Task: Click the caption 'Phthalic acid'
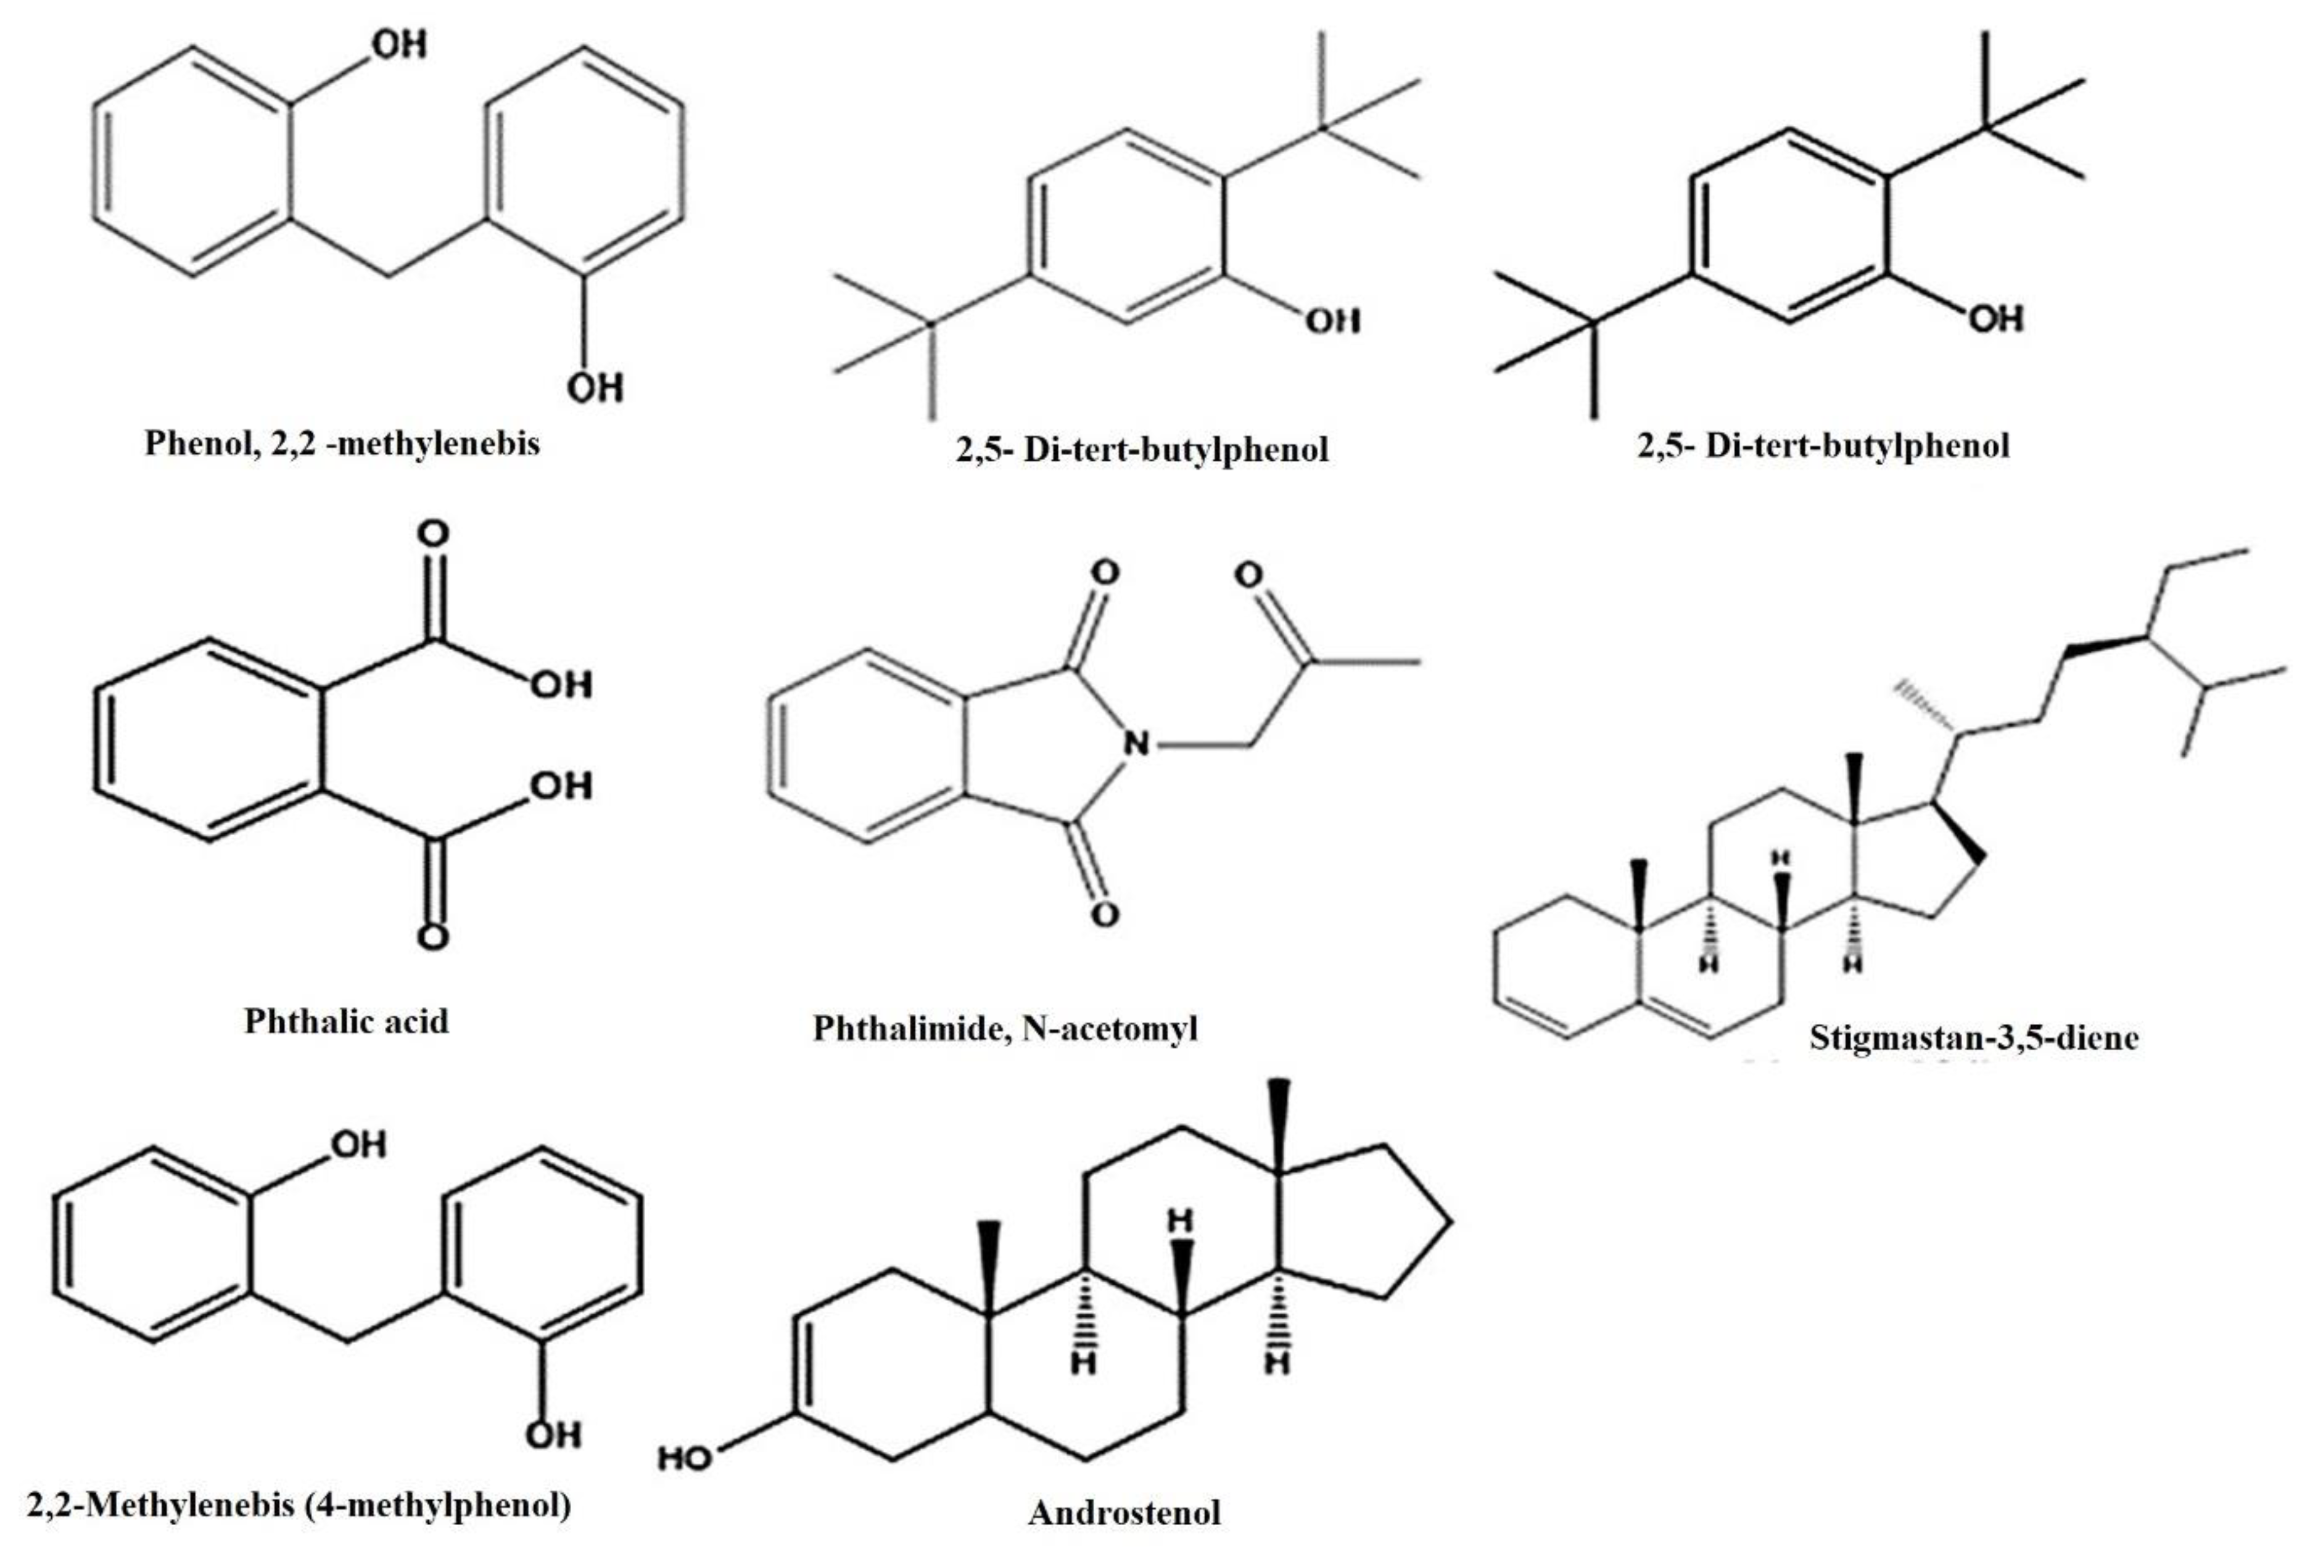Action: click(345, 1020)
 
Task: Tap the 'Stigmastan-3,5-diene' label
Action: click(1973, 1037)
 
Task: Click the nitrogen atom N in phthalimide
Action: click(1136, 743)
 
